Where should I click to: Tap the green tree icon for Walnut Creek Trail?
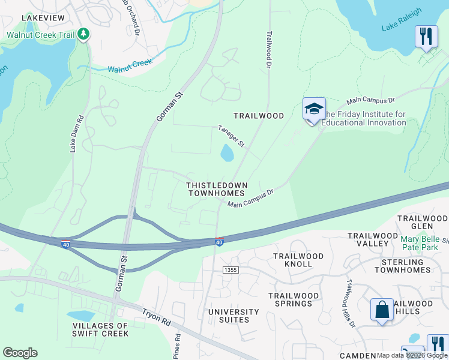click(84, 34)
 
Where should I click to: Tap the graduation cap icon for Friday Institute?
click(314, 109)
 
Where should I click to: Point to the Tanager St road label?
click(232, 137)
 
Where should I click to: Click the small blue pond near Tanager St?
click(227, 154)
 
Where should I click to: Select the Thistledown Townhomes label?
click(216, 190)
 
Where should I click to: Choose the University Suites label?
click(234, 316)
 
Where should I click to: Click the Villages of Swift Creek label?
click(100, 329)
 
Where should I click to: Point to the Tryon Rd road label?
click(157, 317)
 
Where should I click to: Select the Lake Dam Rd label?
click(74, 133)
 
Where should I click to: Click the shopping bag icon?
click(382, 310)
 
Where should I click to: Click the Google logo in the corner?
click(20, 353)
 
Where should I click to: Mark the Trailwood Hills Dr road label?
click(350, 304)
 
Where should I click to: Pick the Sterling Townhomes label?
click(403, 266)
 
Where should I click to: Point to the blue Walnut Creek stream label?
click(130, 66)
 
